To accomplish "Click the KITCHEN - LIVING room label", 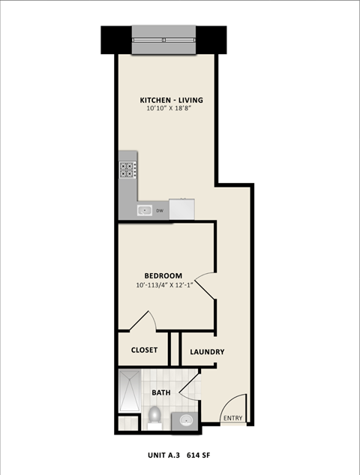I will click(x=172, y=100).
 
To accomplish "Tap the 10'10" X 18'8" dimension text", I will click(x=172, y=110).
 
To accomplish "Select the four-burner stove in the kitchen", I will click(x=127, y=170).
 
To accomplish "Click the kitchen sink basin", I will click(x=145, y=211).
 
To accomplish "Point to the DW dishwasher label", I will click(x=159, y=211).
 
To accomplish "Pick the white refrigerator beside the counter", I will click(x=182, y=209).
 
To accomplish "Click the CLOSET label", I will click(x=144, y=350).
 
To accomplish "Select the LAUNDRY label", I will click(x=207, y=352).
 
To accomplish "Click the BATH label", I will click(x=161, y=392).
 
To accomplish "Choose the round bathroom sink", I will click(x=186, y=420).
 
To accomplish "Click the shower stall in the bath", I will click(x=129, y=391).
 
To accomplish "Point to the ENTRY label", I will click(x=232, y=419).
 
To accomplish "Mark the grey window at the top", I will click(x=163, y=40).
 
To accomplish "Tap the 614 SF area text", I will click(x=196, y=455).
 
